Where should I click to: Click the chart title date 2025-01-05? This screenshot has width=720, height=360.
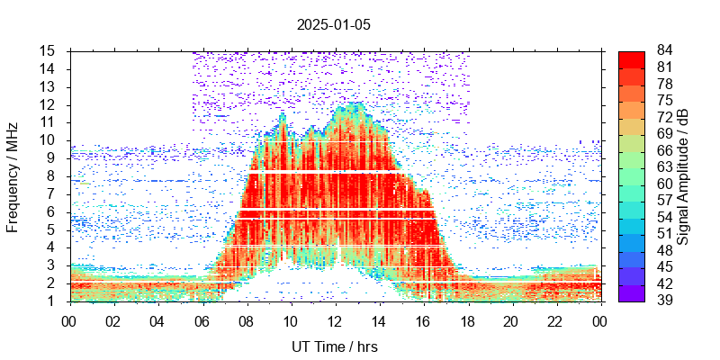tap(333, 24)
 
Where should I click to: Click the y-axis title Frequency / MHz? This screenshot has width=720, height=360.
tap(13, 175)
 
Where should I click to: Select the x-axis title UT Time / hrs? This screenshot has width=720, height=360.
tap(333, 346)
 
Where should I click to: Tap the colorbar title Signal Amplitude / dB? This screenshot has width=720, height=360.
tap(683, 175)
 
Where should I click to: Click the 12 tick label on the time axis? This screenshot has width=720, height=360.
tap(334, 319)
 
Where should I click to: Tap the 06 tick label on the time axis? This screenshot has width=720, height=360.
tap(202, 319)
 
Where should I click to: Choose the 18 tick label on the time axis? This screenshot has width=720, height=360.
tap(467, 319)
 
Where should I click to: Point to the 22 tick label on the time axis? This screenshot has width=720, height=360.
tap(555, 319)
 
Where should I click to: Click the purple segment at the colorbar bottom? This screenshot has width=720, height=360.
tap(631, 292)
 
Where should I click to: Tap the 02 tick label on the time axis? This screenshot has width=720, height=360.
tap(113, 319)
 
